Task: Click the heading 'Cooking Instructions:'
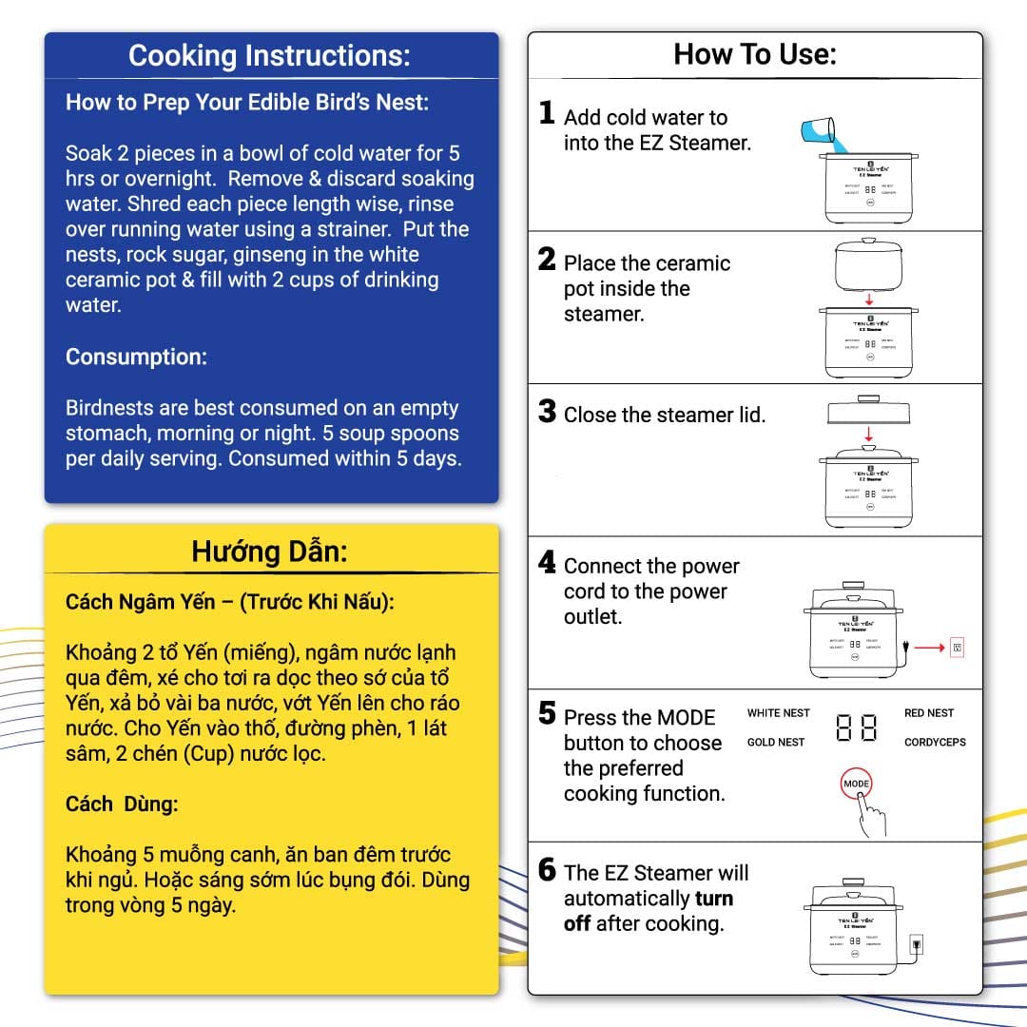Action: tap(270, 55)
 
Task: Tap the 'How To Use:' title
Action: tap(755, 54)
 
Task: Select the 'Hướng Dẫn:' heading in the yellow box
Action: tap(270, 552)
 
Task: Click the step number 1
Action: tap(547, 114)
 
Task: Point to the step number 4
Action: tap(547, 563)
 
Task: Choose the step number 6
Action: tap(547, 869)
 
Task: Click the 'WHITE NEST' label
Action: tap(778, 713)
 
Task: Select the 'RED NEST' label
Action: tap(928, 713)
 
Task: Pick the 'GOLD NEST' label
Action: tap(776, 743)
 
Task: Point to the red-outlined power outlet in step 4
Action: tap(957, 648)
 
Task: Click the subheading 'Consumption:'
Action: tap(136, 357)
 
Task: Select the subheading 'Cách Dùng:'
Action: tap(122, 804)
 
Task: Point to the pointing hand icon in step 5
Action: tap(871, 815)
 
